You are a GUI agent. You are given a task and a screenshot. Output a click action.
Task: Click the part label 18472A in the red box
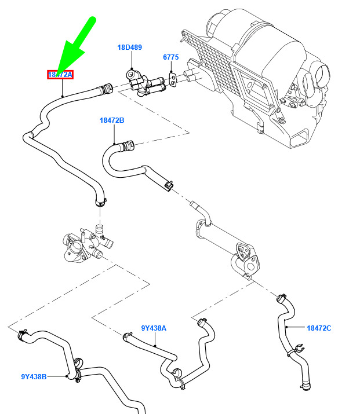[x=60, y=75]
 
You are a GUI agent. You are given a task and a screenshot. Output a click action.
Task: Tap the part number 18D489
[x=129, y=47]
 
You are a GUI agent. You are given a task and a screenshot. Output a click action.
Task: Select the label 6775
[x=170, y=57]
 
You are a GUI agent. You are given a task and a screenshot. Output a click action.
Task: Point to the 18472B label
[x=112, y=120]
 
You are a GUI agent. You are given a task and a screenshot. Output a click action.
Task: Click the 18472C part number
[x=319, y=328]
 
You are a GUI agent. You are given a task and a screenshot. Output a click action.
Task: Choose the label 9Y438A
[x=154, y=328]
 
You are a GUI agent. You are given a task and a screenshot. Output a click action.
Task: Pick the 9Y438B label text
[x=34, y=376]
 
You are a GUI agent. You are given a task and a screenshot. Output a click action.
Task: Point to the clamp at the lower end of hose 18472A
[x=100, y=202]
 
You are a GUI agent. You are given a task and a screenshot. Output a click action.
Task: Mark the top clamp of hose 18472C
[x=282, y=297]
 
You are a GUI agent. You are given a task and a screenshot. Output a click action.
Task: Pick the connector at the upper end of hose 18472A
[x=106, y=89]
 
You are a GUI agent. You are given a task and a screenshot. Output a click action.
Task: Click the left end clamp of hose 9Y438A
[x=127, y=335]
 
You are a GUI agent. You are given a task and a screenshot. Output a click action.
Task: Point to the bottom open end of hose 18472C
[x=304, y=386]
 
